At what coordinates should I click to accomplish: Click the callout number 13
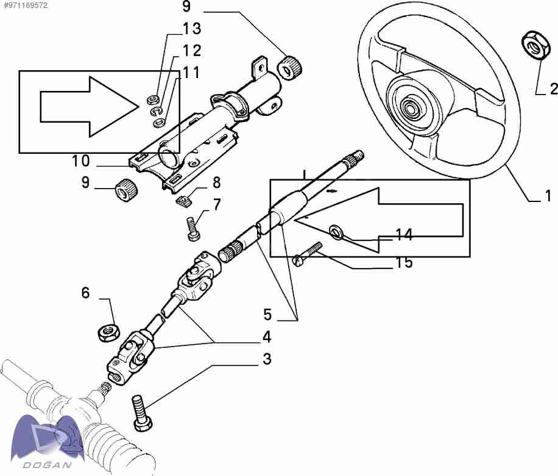pyautogui.click(x=192, y=29)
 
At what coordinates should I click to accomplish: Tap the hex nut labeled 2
pyautogui.click(x=534, y=45)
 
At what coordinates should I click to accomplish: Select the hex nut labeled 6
pyautogui.click(x=108, y=333)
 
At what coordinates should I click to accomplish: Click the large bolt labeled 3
pyautogui.click(x=141, y=413)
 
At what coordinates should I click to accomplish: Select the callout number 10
pyautogui.click(x=81, y=161)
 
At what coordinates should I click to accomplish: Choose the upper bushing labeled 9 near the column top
pyautogui.click(x=289, y=67)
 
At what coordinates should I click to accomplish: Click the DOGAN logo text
pyautogui.click(x=48, y=465)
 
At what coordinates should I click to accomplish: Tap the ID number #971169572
pyautogui.click(x=25, y=5)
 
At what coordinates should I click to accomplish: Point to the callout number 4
pyautogui.click(x=267, y=337)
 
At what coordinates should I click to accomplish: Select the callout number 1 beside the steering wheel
pyautogui.click(x=548, y=196)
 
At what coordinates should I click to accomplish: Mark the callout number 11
pyautogui.click(x=191, y=73)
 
